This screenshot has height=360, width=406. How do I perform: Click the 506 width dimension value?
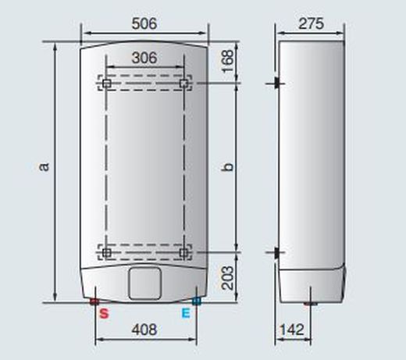click(x=144, y=23)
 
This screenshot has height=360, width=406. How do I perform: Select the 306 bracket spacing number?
click(x=144, y=58)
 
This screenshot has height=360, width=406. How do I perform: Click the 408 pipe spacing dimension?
click(x=144, y=329)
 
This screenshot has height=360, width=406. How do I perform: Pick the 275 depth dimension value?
click(x=311, y=23)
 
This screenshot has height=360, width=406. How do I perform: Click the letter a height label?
click(x=45, y=166)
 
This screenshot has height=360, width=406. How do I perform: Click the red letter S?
click(x=103, y=314)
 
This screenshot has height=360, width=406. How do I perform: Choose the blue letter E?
click(x=186, y=314)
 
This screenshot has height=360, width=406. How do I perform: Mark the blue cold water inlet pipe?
click(x=195, y=301)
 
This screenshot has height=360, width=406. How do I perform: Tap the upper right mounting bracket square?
click(x=183, y=83)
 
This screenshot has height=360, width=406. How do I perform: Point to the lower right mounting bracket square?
click(x=183, y=252)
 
